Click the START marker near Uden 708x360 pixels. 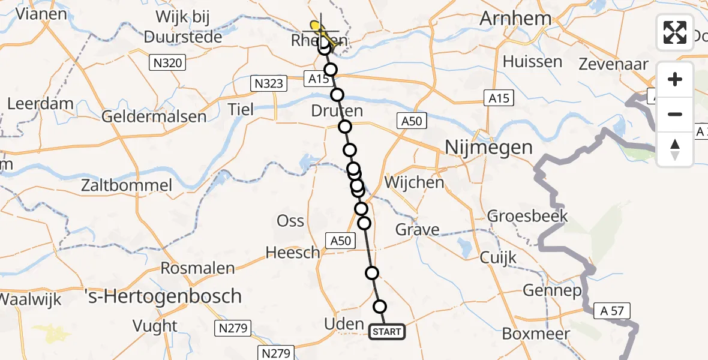tap(387, 332)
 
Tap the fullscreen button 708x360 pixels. tap(675, 32)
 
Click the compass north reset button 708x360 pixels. tap(675, 149)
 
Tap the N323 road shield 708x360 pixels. tap(268, 83)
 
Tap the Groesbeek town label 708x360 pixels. tap(527, 215)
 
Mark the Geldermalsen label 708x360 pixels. tap(154, 116)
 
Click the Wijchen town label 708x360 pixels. tap(414, 182)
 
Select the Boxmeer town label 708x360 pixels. tap(532, 334)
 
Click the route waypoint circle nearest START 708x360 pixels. tap(380, 307)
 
